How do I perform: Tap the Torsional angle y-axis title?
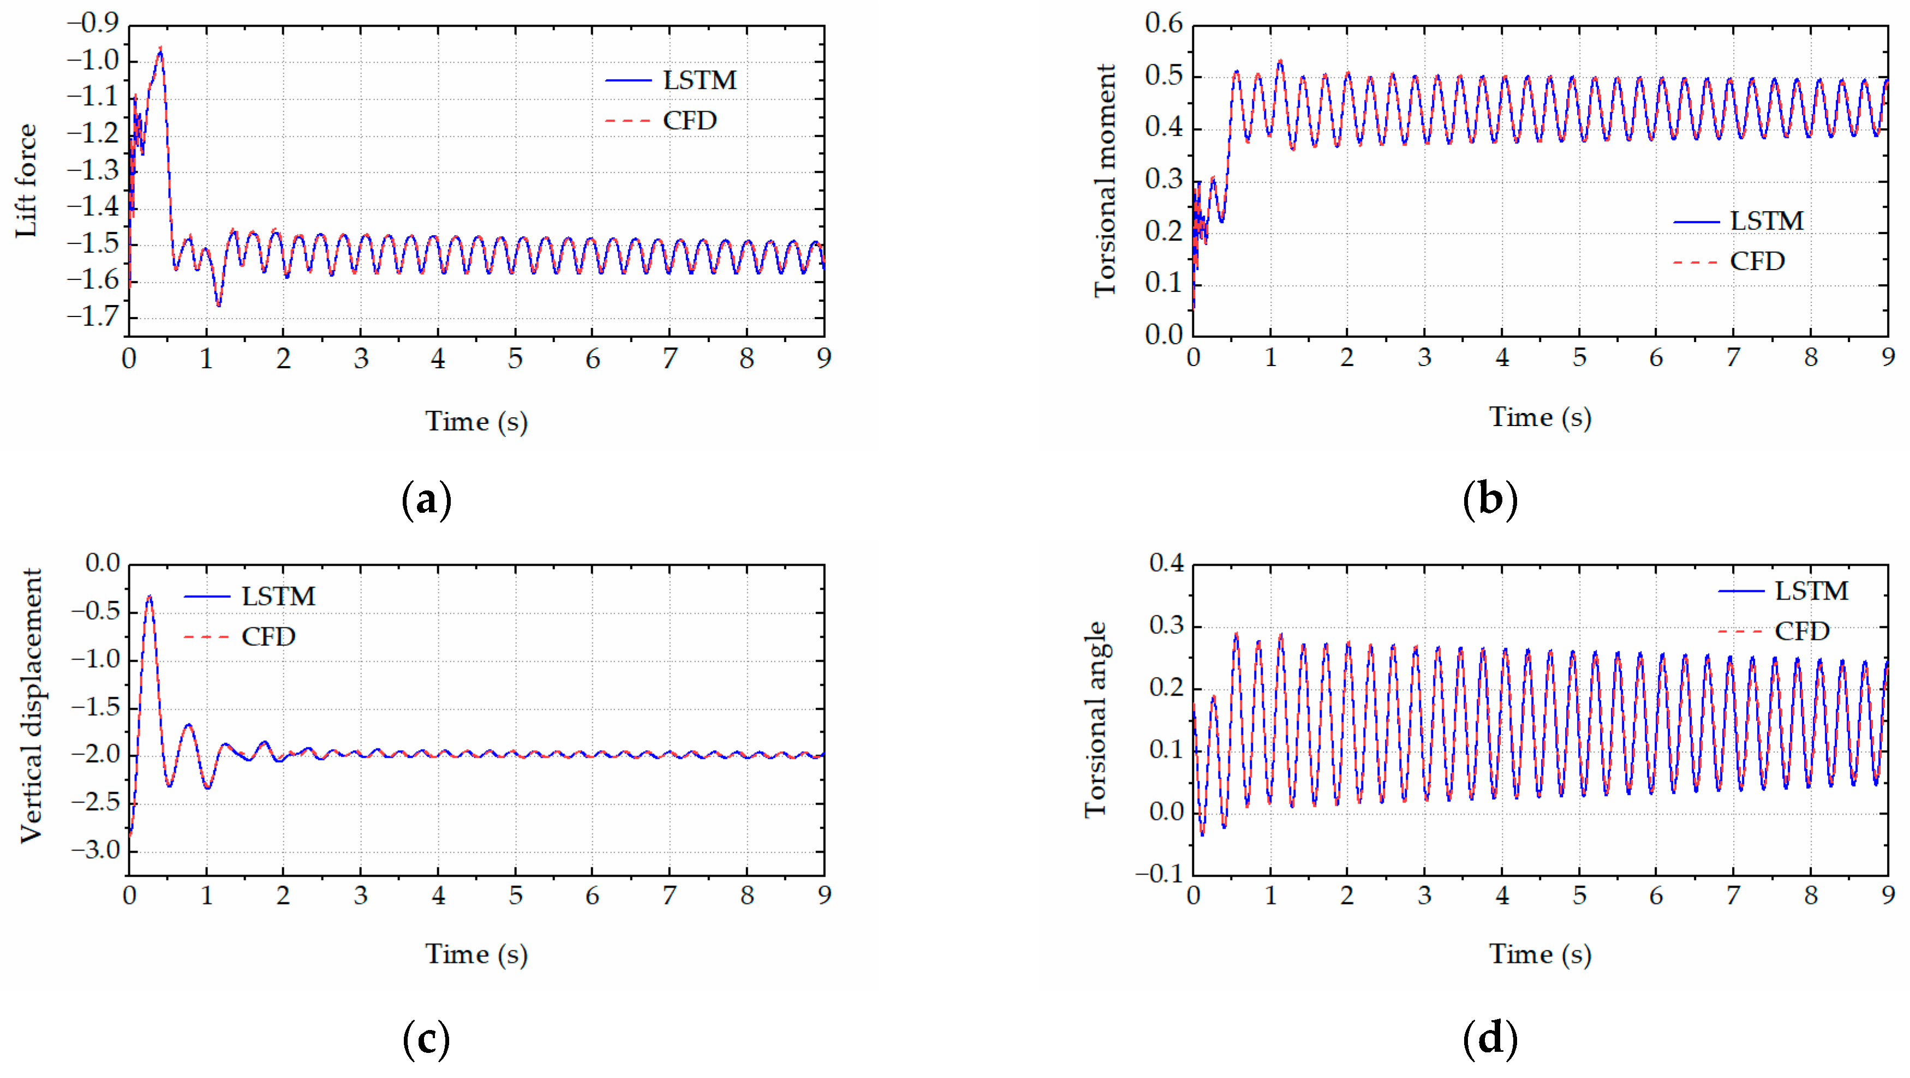1095,719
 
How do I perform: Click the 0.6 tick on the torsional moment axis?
1163,23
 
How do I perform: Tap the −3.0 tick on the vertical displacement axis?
95,849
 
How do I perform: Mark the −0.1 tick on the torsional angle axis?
1160,873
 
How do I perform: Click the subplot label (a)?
426,500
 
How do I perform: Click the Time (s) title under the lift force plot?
476,421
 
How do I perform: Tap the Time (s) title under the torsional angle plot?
1540,954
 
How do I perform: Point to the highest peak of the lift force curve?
160,49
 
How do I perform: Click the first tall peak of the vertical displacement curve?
150,596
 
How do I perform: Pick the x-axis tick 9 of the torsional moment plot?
1888,357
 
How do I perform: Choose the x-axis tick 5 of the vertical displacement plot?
515,896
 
